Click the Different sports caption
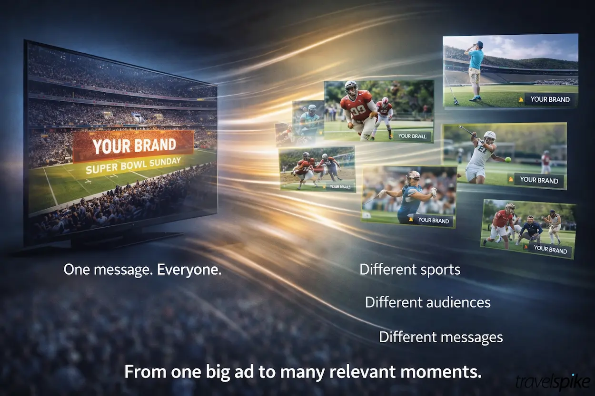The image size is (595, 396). (409, 270)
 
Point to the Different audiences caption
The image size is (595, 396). (427, 302)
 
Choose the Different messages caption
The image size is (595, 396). (441, 337)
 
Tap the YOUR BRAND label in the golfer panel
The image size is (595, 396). (549, 99)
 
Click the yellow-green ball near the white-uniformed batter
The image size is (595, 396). (508, 160)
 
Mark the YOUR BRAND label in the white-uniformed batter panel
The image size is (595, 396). (538, 180)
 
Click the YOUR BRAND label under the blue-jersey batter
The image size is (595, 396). (433, 221)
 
